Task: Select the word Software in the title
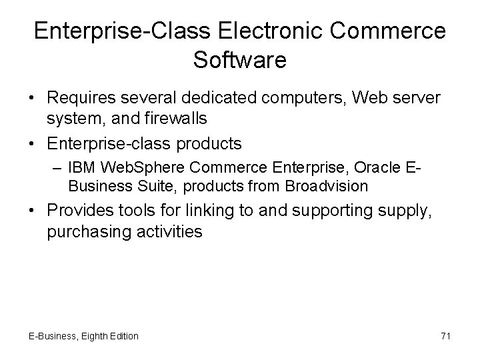tap(240, 60)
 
